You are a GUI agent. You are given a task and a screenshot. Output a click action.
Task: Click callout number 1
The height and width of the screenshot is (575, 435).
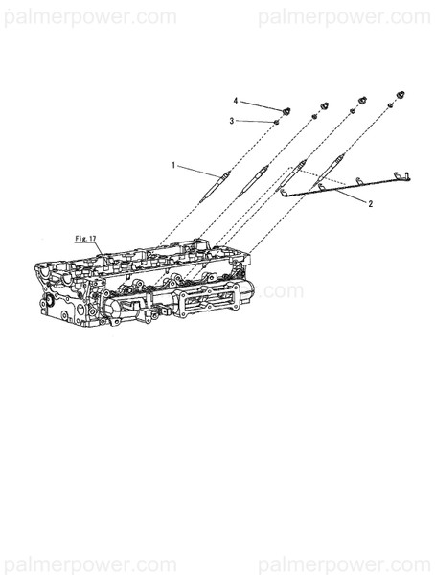174,165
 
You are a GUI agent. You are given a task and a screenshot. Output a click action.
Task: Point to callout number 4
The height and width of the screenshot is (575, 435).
236,100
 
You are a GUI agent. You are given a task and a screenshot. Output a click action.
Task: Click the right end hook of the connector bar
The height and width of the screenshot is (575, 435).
406,174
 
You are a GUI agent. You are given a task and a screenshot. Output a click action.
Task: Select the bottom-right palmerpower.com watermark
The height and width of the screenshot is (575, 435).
345,562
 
